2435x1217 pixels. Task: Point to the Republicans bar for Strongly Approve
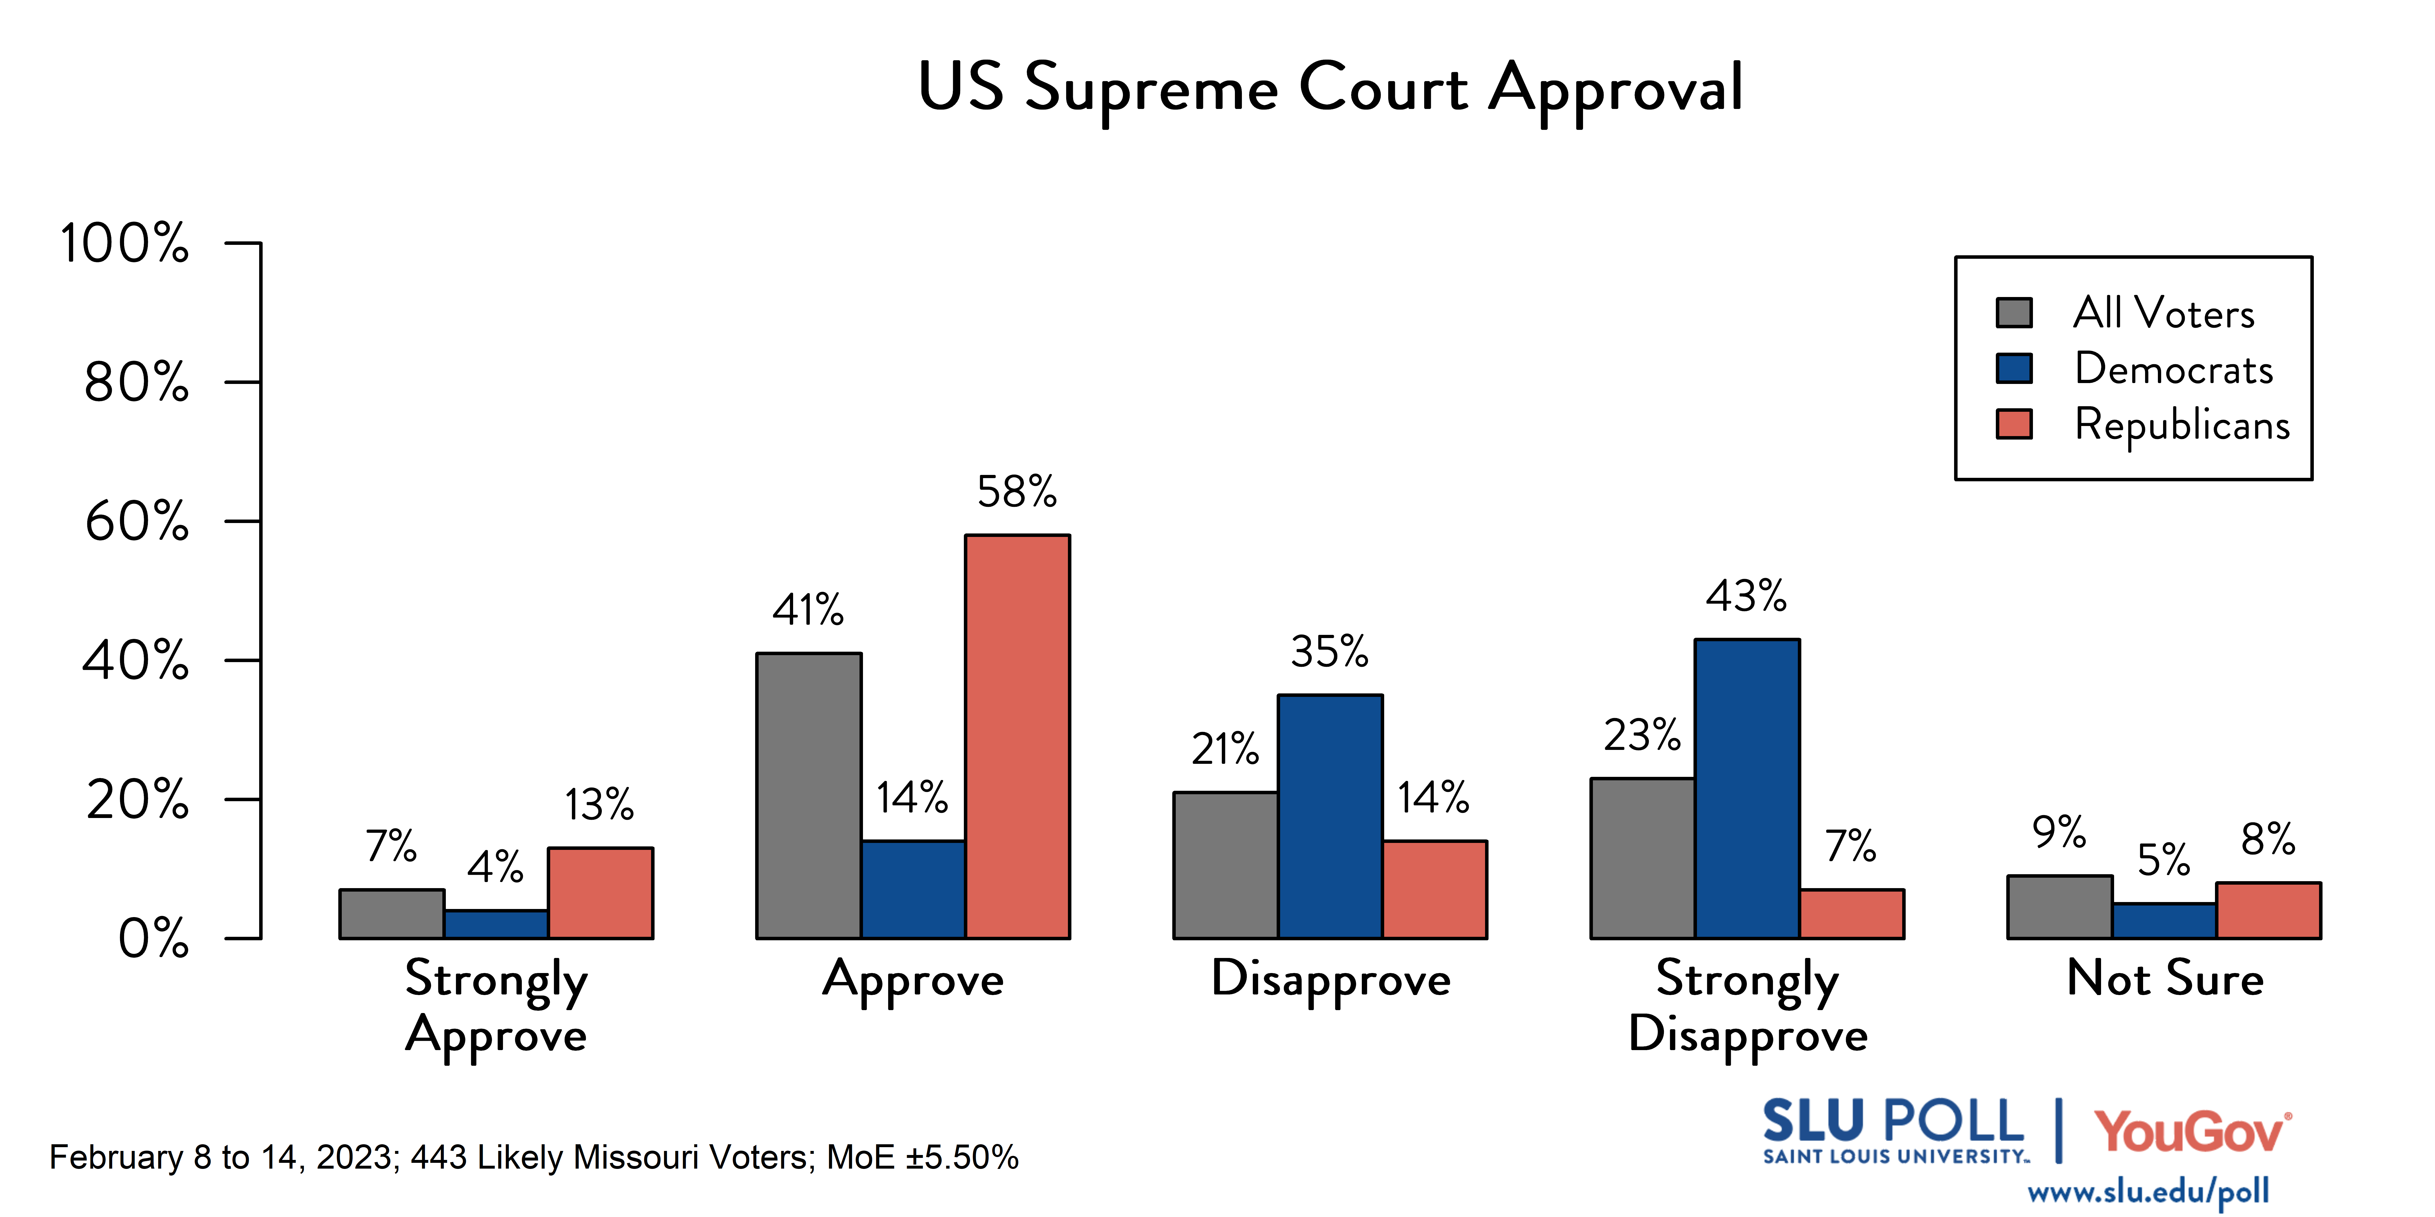pyautogui.click(x=600, y=893)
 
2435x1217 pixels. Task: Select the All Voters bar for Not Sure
pyautogui.click(x=2060, y=907)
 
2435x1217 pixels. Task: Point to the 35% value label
pyautogui.click(x=1330, y=652)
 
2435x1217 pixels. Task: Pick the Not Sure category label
pyautogui.click(x=2165, y=978)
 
